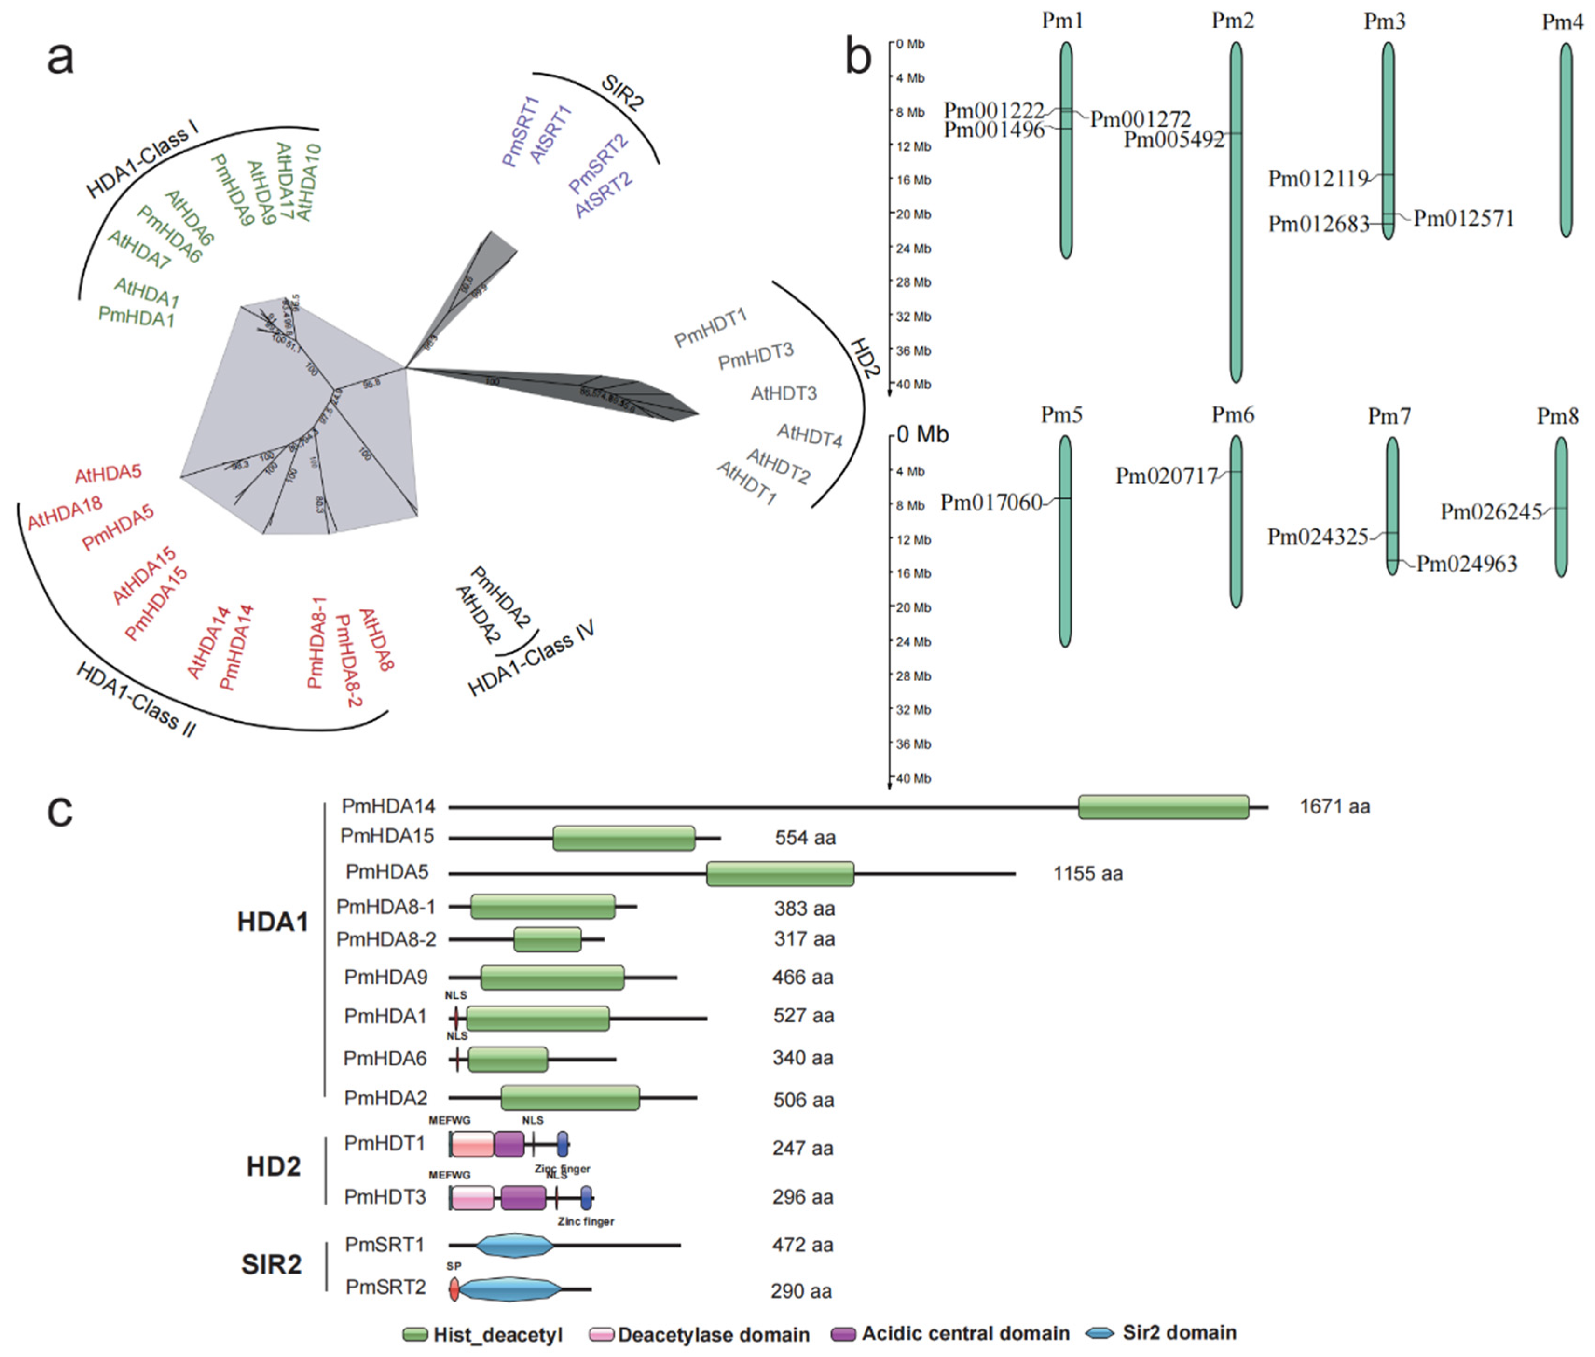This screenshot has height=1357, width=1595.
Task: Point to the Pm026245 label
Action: click(1491, 511)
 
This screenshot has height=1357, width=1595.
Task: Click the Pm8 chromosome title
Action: click(1557, 416)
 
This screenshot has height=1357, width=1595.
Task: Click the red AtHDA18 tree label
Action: click(65, 513)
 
